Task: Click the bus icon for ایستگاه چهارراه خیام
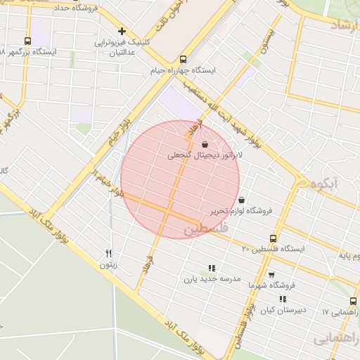point(184,60)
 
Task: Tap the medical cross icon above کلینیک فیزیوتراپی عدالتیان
point(122,31)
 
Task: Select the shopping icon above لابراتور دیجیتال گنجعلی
point(205,144)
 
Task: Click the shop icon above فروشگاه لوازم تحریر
point(242,200)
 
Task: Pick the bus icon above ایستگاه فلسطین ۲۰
point(274,238)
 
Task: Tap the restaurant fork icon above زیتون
point(108,253)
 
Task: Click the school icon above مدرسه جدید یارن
point(212,267)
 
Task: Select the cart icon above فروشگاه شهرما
point(271,274)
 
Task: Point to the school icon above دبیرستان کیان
point(283,300)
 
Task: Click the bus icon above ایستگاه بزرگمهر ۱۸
point(27,41)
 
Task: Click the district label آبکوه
point(324,184)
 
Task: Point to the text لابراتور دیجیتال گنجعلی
point(205,155)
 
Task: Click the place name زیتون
point(108,265)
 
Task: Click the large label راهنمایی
point(335,340)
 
